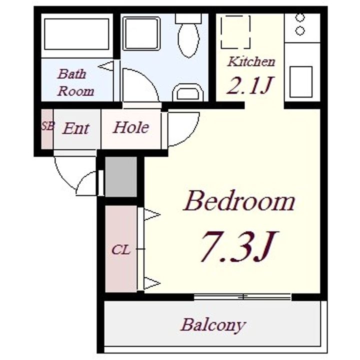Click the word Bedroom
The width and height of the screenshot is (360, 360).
point(239,200)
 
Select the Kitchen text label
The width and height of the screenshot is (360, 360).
point(251,61)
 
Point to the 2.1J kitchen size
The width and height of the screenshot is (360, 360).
point(250,85)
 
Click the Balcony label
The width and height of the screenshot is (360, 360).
point(213,324)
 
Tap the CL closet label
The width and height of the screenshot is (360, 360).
point(121,250)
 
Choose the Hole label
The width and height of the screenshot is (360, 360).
point(131,127)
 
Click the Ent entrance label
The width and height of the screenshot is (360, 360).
point(76,128)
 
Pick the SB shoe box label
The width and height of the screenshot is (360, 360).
point(48,126)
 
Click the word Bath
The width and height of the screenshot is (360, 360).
point(72,74)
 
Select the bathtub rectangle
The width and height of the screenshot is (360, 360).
point(76,34)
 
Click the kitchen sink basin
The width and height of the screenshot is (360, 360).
point(301,81)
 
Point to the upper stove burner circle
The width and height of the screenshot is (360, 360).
point(300,17)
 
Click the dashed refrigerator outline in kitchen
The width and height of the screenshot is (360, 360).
point(235,32)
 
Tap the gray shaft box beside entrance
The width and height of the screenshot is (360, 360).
point(121,176)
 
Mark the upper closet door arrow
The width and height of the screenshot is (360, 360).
point(152,215)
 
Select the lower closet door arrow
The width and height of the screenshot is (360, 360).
point(152,283)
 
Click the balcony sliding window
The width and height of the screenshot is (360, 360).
point(242,297)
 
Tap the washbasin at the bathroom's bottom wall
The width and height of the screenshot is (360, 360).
point(188,92)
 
